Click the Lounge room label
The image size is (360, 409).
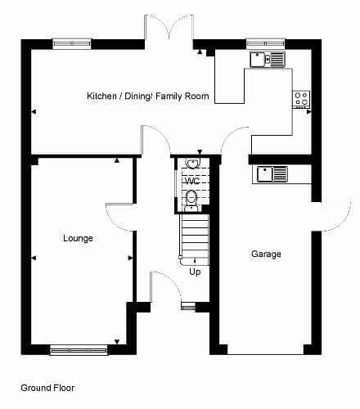click(x=78, y=238)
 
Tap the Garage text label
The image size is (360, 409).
click(x=266, y=254)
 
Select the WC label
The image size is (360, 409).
click(x=192, y=181)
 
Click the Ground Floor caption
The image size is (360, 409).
click(x=47, y=388)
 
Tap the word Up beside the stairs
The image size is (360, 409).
click(x=195, y=272)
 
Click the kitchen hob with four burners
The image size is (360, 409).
click(x=301, y=99)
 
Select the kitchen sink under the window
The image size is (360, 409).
click(x=268, y=59)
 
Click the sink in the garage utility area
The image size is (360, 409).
click(x=272, y=173)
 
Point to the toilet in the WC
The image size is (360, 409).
click(x=191, y=200)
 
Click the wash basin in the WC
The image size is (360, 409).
click(x=192, y=163)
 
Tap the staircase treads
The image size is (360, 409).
click(x=195, y=240)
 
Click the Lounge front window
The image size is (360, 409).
click(x=79, y=350)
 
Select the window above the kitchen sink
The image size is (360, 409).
click(x=266, y=43)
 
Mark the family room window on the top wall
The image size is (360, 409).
click(x=72, y=43)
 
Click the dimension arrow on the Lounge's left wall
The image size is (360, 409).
click(x=34, y=258)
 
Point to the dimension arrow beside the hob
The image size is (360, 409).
click(x=308, y=112)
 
